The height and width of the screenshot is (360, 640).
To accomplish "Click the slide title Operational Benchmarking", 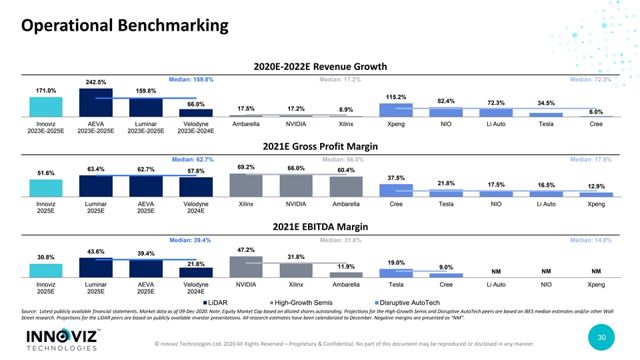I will [124, 27].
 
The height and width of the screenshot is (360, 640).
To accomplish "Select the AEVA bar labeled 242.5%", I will [96, 103].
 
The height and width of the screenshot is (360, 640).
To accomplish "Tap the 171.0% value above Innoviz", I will [46, 90].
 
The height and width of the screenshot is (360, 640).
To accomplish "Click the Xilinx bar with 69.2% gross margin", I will [246, 185].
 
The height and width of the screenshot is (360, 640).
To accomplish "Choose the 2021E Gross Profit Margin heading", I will [321, 147].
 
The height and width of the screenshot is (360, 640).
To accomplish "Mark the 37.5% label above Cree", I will [395, 177].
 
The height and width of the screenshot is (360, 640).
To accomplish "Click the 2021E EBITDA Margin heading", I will [321, 227].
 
